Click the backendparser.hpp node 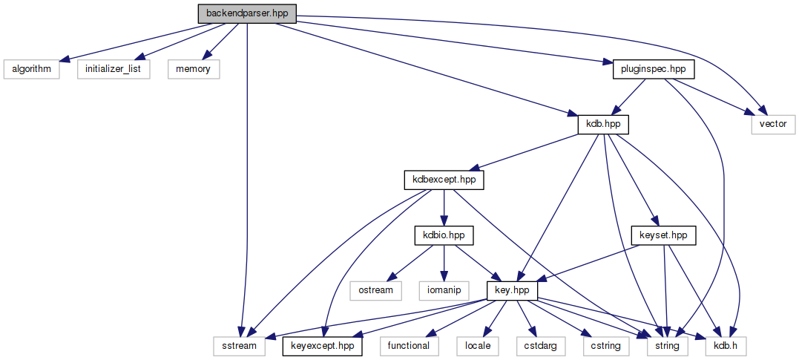[247, 14]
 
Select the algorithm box [30, 69]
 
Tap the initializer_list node [114, 69]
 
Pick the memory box [193, 69]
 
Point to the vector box [773, 124]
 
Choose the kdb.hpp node [603, 124]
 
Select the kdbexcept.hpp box [443, 180]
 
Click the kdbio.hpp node [443, 235]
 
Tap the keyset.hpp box [663, 235]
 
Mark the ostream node [375, 289]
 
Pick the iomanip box [444, 289]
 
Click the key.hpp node [511, 289]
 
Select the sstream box [238, 345]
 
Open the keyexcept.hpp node [323, 345]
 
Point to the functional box [408, 345]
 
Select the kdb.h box [726, 345]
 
